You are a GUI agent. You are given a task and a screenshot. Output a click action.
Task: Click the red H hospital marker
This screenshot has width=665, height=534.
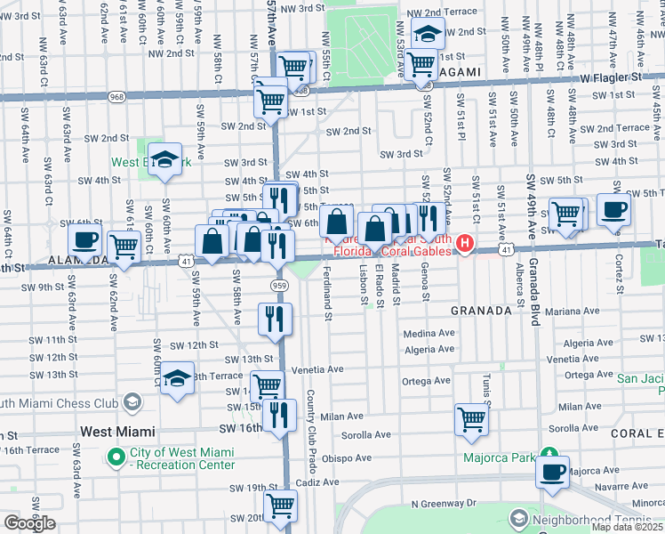click(x=463, y=243)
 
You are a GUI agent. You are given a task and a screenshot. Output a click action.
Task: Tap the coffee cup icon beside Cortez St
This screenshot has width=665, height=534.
click(x=613, y=210)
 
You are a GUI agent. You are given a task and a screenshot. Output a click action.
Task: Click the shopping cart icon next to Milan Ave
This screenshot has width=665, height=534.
click(x=471, y=418)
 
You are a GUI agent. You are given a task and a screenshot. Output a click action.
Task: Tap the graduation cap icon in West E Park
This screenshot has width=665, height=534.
click(x=164, y=159)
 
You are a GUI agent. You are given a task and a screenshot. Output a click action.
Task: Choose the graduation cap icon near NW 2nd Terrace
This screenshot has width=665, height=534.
click(x=428, y=36)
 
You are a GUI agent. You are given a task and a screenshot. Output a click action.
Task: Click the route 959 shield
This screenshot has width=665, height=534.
click(x=277, y=284)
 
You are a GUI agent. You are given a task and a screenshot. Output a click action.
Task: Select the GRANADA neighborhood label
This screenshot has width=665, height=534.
click(x=481, y=311)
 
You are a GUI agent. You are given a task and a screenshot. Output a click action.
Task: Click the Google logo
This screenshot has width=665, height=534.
click(x=29, y=523)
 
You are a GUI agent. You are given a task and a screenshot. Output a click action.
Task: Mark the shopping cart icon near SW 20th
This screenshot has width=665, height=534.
click(x=281, y=506)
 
